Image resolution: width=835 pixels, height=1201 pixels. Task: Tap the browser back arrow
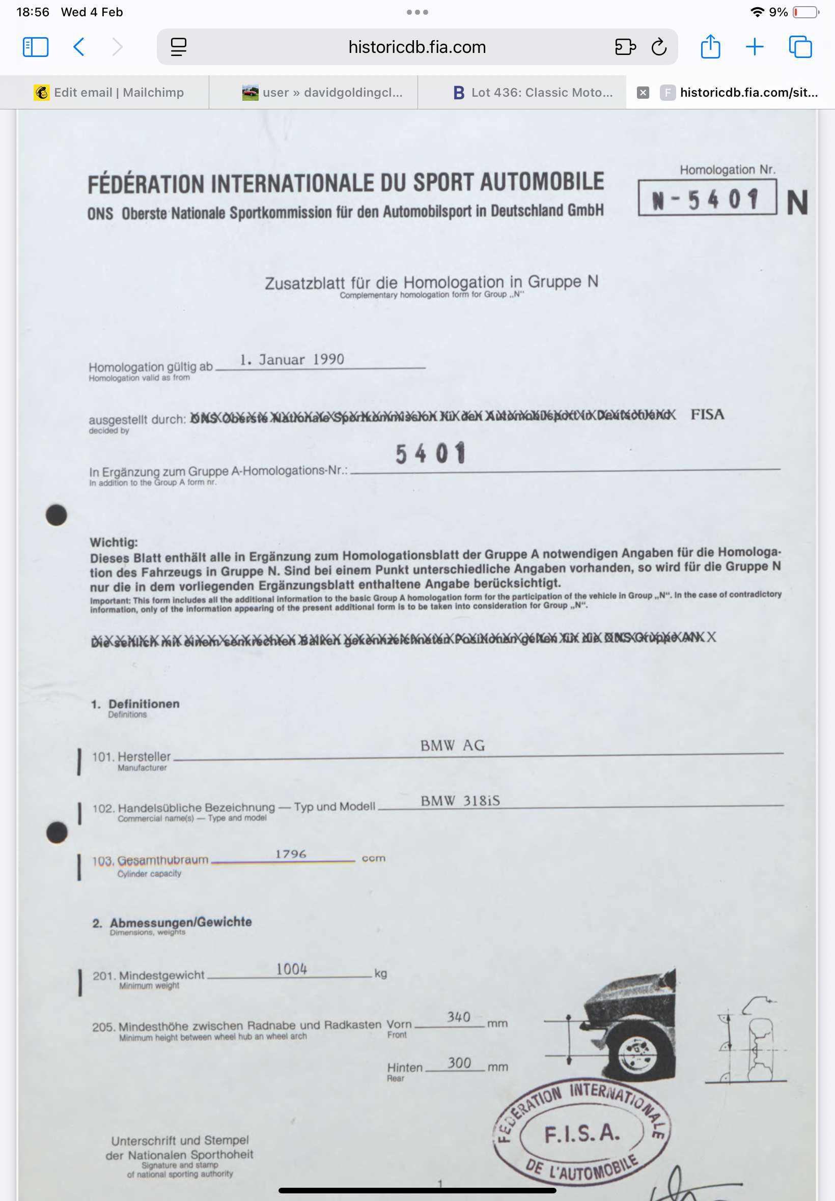click(x=79, y=47)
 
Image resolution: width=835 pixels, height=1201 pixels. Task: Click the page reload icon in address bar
click(x=659, y=47)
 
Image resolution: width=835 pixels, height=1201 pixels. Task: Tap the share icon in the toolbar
click(x=710, y=46)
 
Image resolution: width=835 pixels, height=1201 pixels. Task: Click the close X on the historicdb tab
click(x=643, y=93)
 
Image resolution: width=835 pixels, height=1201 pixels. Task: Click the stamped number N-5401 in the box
click(x=706, y=198)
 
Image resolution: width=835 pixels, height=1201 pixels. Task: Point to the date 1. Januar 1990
click(x=292, y=359)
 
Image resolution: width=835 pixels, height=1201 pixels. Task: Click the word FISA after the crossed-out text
click(x=707, y=415)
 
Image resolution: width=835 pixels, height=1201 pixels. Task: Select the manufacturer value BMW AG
click(x=453, y=745)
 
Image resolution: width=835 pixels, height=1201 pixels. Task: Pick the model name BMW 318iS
click(x=460, y=800)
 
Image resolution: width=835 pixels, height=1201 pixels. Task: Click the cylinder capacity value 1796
click(x=290, y=854)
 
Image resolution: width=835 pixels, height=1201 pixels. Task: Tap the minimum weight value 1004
click(x=291, y=969)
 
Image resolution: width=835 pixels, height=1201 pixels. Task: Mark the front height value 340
click(x=458, y=1017)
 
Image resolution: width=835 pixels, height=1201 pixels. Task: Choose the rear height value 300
click(x=459, y=1063)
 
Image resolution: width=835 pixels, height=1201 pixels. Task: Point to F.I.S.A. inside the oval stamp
click(x=582, y=1133)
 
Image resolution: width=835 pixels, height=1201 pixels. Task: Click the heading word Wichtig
click(x=114, y=542)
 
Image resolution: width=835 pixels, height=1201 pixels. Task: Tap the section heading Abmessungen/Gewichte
click(x=181, y=922)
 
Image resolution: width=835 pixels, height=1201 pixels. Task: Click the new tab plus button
click(x=755, y=47)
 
